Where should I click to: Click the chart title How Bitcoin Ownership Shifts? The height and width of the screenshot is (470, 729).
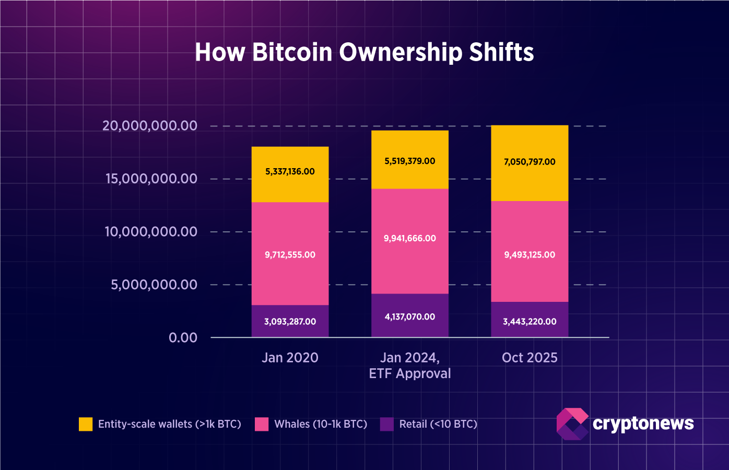pyautogui.click(x=364, y=52)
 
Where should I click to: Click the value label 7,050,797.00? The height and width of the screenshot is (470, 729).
pyautogui.click(x=530, y=162)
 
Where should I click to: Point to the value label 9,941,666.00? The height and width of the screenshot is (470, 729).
pyautogui.click(x=410, y=238)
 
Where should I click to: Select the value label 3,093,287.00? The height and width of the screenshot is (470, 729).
pyautogui.click(x=290, y=322)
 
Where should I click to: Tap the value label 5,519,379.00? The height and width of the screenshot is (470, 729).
pyautogui.click(x=410, y=161)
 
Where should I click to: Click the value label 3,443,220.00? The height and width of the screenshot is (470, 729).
pyautogui.click(x=530, y=322)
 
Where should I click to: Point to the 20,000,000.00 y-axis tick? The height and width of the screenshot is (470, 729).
pyautogui.click(x=150, y=126)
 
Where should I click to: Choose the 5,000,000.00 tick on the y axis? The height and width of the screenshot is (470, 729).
pyautogui.click(x=154, y=285)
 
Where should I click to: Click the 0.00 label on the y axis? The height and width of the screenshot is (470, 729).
pyautogui.click(x=183, y=338)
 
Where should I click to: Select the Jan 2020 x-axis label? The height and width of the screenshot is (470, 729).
pyautogui.click(x=290, y=358)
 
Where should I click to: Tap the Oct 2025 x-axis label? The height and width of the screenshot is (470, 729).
pyautogui.click(x=530, y=358)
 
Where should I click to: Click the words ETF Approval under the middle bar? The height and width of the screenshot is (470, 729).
pyautogui.click(x=410, y=374)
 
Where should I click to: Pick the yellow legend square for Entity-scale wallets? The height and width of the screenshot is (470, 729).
pyautogui.click(x=86, y=424)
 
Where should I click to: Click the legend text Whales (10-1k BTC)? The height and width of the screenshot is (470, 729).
pyautogui.click(x=321, y=424)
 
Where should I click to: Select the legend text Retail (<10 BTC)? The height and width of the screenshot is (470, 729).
pyautogui.click(x=438, y=424)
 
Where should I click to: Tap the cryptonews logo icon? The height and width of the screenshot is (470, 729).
pyautogui.click(x=572, y=424)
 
